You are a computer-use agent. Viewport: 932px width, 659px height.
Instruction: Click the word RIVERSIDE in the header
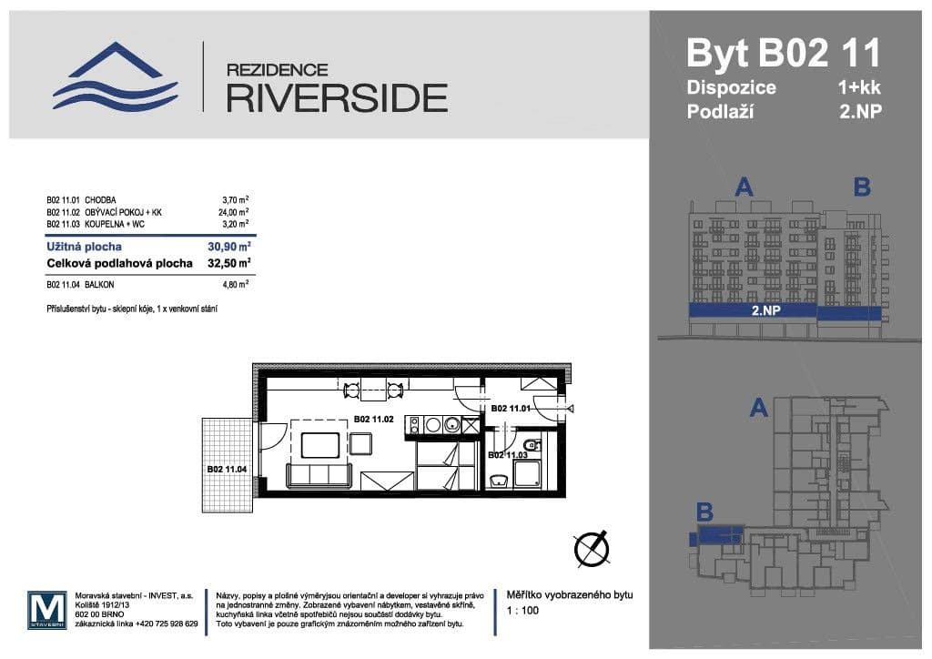click(336, 96)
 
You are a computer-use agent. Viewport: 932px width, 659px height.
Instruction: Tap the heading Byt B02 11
click(783, 53)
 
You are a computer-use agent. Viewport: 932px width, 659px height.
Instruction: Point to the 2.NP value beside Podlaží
click(860, 113)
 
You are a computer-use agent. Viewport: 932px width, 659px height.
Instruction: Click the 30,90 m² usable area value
click(229, 246)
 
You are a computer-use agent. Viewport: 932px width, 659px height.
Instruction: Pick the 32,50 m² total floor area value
click(229, 264)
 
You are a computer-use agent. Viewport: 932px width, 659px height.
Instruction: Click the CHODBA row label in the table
click(100, 198)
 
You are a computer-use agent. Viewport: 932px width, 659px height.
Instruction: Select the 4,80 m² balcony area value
click(235, 284)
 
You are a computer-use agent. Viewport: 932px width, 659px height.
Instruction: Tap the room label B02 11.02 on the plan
click(373, 420)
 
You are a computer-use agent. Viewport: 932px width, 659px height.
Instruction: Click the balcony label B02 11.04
click(227, 469)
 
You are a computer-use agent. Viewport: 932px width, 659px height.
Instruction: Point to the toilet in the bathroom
click(498, 481)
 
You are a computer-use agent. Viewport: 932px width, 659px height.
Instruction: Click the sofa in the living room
click(319, 474)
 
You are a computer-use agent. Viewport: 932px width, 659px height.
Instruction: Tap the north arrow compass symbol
click(591, 549)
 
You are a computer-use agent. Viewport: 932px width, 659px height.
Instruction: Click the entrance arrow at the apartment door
click(571, 410)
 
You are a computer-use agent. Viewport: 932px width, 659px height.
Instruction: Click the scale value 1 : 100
click(522, 611)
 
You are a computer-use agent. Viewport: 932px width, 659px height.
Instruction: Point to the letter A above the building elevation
click(744, 188)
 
